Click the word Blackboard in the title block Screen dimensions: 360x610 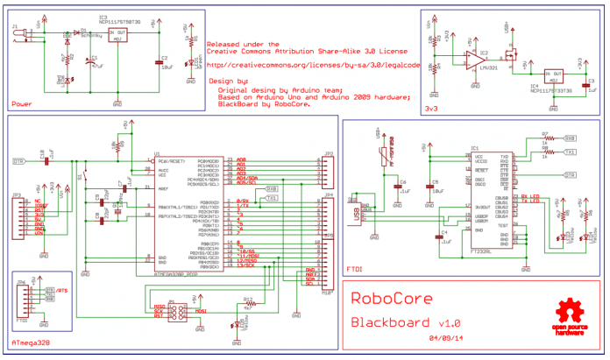click(x=391, y=321)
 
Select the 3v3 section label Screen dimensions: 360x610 click(x=431, y=108)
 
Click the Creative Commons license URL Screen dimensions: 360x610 click(x=309, y=64)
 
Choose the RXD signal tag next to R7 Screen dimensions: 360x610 click(x=570, y=138)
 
